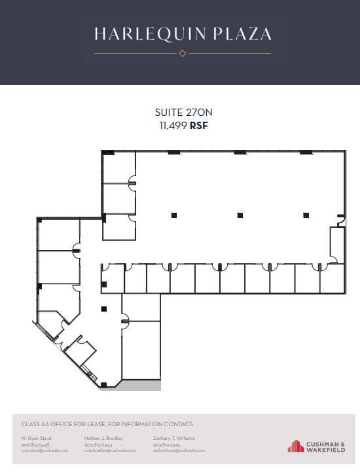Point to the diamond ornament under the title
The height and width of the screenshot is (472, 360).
point(183,53)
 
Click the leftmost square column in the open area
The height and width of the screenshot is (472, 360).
point(174,215)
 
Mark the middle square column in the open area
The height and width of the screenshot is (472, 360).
point(240,215)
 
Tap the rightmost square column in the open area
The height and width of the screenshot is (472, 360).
point(306,215)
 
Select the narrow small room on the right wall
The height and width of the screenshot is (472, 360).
point(337,244)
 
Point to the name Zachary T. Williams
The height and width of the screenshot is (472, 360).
point(173,438)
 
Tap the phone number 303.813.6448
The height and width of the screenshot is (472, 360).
point(35,445)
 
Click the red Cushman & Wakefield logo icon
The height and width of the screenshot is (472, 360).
point(297,446)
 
